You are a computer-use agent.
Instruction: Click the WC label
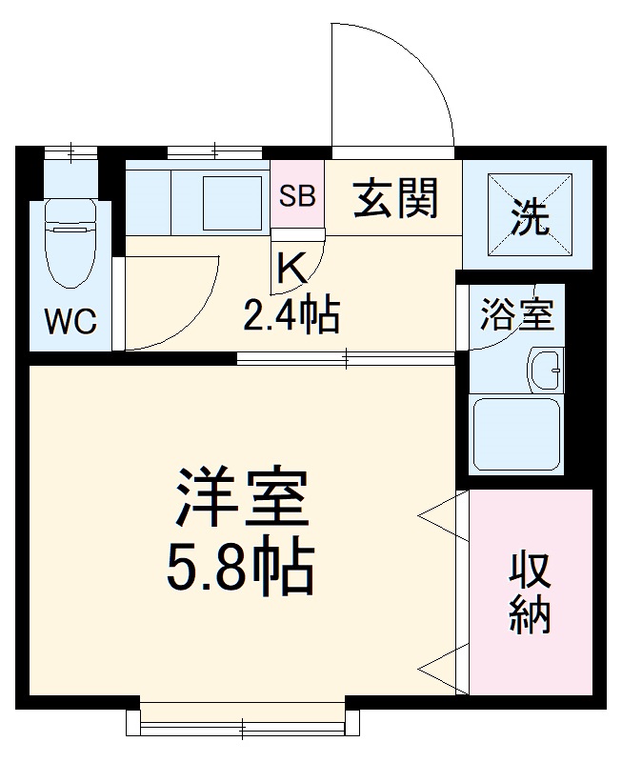pos(71,322)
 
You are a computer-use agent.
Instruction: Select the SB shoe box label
pos(297,197)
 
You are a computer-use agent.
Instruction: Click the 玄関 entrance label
pos(397,198)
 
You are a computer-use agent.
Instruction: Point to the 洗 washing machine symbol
pos(530,218)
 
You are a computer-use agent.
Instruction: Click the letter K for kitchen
pos(291,270)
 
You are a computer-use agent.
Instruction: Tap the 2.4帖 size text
pos(291,314)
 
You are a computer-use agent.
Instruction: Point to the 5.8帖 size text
pos(242,569)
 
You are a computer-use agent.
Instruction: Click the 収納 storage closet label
pos(530,591)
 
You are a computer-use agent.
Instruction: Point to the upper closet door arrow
pos(442,515)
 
